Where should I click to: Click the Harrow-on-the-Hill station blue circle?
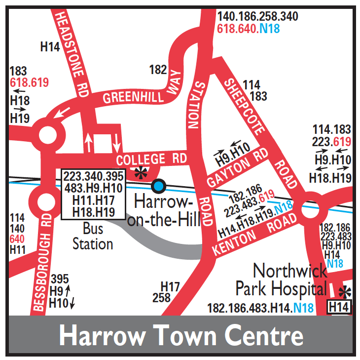tap(158, 186)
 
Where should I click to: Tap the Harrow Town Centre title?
tap(181, 336)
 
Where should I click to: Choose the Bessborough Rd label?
tap(43, 267)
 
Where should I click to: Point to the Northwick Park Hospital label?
tap(282, 279)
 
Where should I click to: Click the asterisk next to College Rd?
tap(142, 172)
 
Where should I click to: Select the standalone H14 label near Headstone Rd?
tap(50, 47)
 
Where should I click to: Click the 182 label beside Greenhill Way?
tap(158, 70)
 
